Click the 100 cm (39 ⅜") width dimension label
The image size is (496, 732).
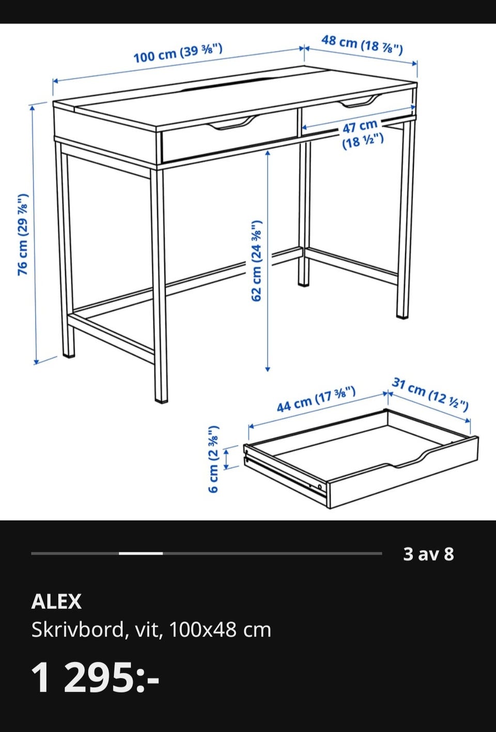click(178, 53)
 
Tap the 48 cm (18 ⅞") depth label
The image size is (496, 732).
click(362, 44)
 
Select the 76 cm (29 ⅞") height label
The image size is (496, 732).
click(23, 234)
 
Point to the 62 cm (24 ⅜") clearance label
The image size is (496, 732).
click(256, 260)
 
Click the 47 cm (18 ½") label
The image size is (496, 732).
click(362, 135)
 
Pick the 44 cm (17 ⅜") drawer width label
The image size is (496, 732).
click(316, 399)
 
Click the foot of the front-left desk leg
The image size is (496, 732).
click(69, 354)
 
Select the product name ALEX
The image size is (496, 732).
click(56, 601)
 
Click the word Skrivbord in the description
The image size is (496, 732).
click(78, 630)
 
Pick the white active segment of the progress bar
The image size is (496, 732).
click(141, 554)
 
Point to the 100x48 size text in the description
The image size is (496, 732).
click(203, 630)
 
